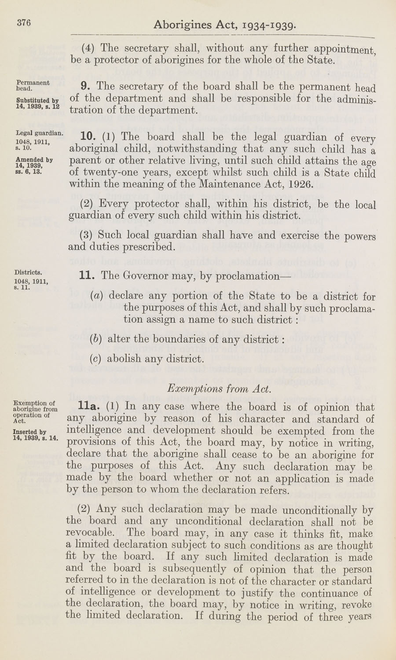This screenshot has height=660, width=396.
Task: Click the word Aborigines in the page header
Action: tap(181, 26)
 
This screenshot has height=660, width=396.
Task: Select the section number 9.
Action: tap(87, 87)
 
